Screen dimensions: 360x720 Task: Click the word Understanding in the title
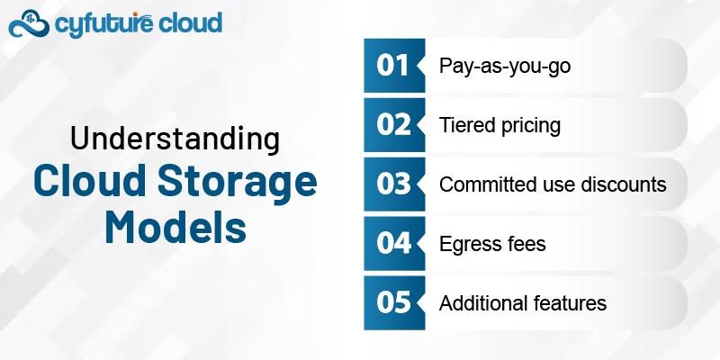(x=175, y=140)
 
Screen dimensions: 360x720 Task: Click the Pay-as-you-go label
(x=492, y=66)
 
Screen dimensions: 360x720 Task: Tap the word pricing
(x=528, y=126)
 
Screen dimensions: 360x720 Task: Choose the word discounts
(x=624, y=184)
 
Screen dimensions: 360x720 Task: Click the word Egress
(x=468, y=245)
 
